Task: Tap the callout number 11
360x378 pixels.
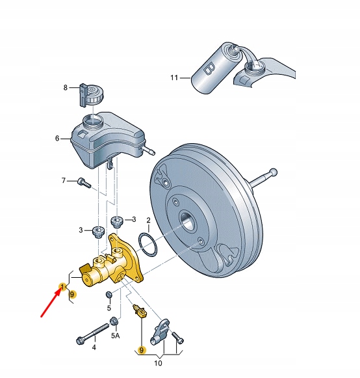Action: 174,78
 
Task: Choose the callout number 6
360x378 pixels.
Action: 57,138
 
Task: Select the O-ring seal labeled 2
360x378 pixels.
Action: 148,248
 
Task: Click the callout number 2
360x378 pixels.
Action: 148,221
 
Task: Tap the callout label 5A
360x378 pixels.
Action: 116,336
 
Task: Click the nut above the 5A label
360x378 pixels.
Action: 114,320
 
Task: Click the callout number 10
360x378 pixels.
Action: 159,364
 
